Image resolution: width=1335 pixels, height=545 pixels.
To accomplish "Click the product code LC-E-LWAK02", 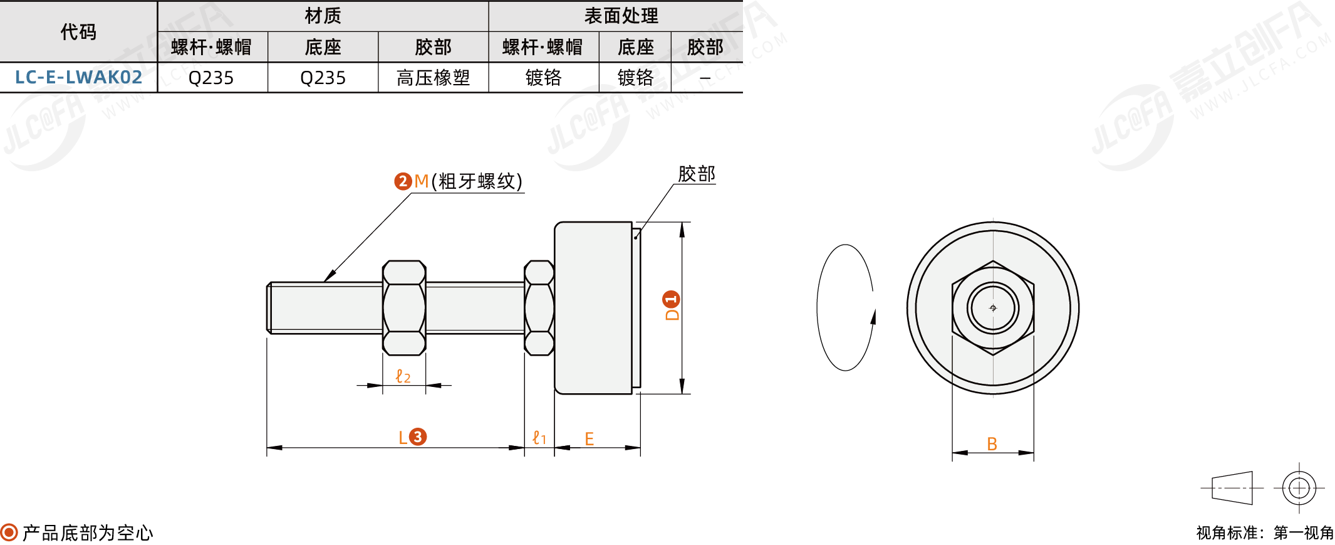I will pos(78,77).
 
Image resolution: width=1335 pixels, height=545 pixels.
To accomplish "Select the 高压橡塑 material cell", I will pos(433,78).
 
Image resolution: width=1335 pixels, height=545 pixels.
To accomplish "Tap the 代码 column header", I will pos(78,31).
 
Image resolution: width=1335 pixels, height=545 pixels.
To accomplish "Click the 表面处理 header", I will pos(620,16).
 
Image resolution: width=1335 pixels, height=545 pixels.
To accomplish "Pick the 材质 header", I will pos(323,16).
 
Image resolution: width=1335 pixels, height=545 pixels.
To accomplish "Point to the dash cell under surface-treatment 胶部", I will pos(705,78).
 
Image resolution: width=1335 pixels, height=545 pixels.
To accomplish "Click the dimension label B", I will pos(992,444).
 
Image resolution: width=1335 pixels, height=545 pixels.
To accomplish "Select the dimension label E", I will pos(589,439).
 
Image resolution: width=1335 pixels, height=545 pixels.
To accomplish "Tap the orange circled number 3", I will pos(418,437).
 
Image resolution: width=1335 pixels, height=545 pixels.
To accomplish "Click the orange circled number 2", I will pos(402,181).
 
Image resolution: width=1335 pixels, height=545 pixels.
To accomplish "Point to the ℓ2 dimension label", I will pos(403,376).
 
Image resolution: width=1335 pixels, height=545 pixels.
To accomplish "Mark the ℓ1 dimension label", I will pos(539,438).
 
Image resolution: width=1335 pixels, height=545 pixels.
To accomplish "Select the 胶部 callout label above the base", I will pos(696,174).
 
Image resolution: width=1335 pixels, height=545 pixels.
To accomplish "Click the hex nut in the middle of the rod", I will pos(404,307).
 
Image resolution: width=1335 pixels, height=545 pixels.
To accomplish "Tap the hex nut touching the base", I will pos(539,307).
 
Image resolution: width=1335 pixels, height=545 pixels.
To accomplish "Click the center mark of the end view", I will pos(992,308).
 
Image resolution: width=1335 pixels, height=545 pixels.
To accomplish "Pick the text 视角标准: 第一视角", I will pos(1264,532).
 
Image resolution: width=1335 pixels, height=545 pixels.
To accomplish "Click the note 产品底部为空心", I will pos(88,532).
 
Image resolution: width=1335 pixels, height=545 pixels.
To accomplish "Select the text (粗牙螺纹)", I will pos(477,181).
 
